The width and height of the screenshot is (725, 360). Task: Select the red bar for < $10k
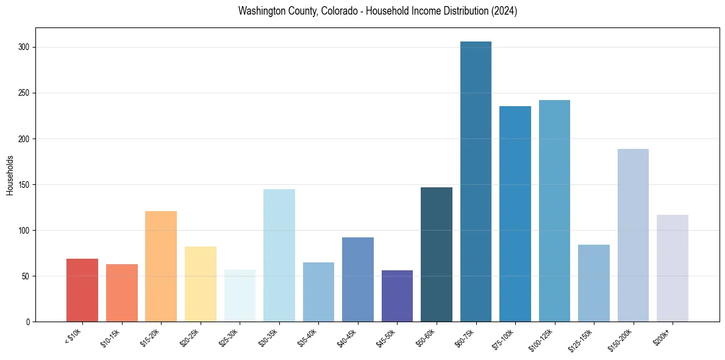(82, 290)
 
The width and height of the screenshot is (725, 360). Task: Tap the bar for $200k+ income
(673, 268)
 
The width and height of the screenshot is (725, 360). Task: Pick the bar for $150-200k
(633, 236)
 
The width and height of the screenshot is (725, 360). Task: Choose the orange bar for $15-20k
(161, 267)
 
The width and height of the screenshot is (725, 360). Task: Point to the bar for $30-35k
(279, 256)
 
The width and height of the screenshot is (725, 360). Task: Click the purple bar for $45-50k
(397, 296)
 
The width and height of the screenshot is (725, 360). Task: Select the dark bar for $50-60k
(437, 254)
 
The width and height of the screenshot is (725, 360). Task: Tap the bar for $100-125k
(554, 211)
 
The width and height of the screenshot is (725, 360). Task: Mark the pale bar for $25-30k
(240, 296)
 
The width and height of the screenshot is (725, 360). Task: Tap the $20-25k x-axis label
(190, 337)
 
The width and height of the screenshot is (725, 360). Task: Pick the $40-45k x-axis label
(347, 337)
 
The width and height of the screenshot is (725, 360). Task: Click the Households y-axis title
(10, 175)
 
